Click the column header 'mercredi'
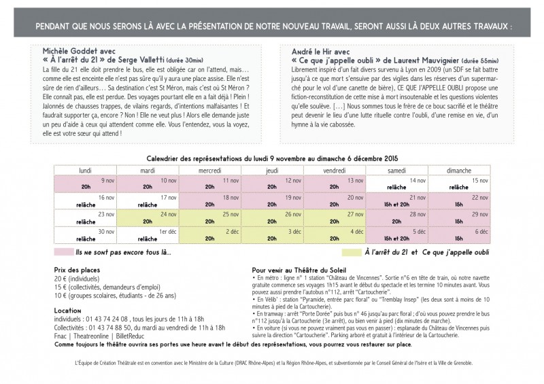pos(210,171)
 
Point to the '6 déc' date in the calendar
pos(482,232)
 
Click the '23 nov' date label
pos(105,214)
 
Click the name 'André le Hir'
pos(305,51)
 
